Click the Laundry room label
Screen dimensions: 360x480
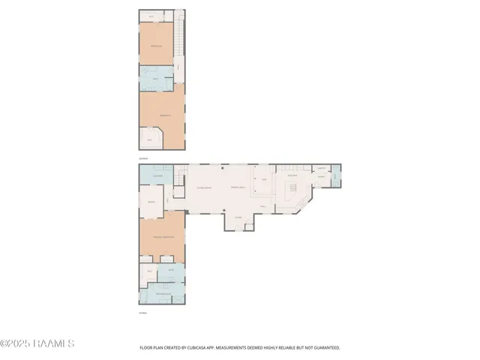point(157,176)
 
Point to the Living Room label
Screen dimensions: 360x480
point(203,187)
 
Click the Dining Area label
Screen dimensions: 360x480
point(238,187)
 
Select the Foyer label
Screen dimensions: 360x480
point(238,218)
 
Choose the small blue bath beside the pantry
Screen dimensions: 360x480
point(336,178)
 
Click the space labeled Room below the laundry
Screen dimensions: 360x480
point(151,203)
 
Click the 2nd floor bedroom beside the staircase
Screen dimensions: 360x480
point(156,46)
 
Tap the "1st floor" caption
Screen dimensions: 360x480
point(142,312)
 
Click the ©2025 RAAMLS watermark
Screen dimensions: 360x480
point(37,344)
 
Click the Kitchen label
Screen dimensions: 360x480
point(292,175)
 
